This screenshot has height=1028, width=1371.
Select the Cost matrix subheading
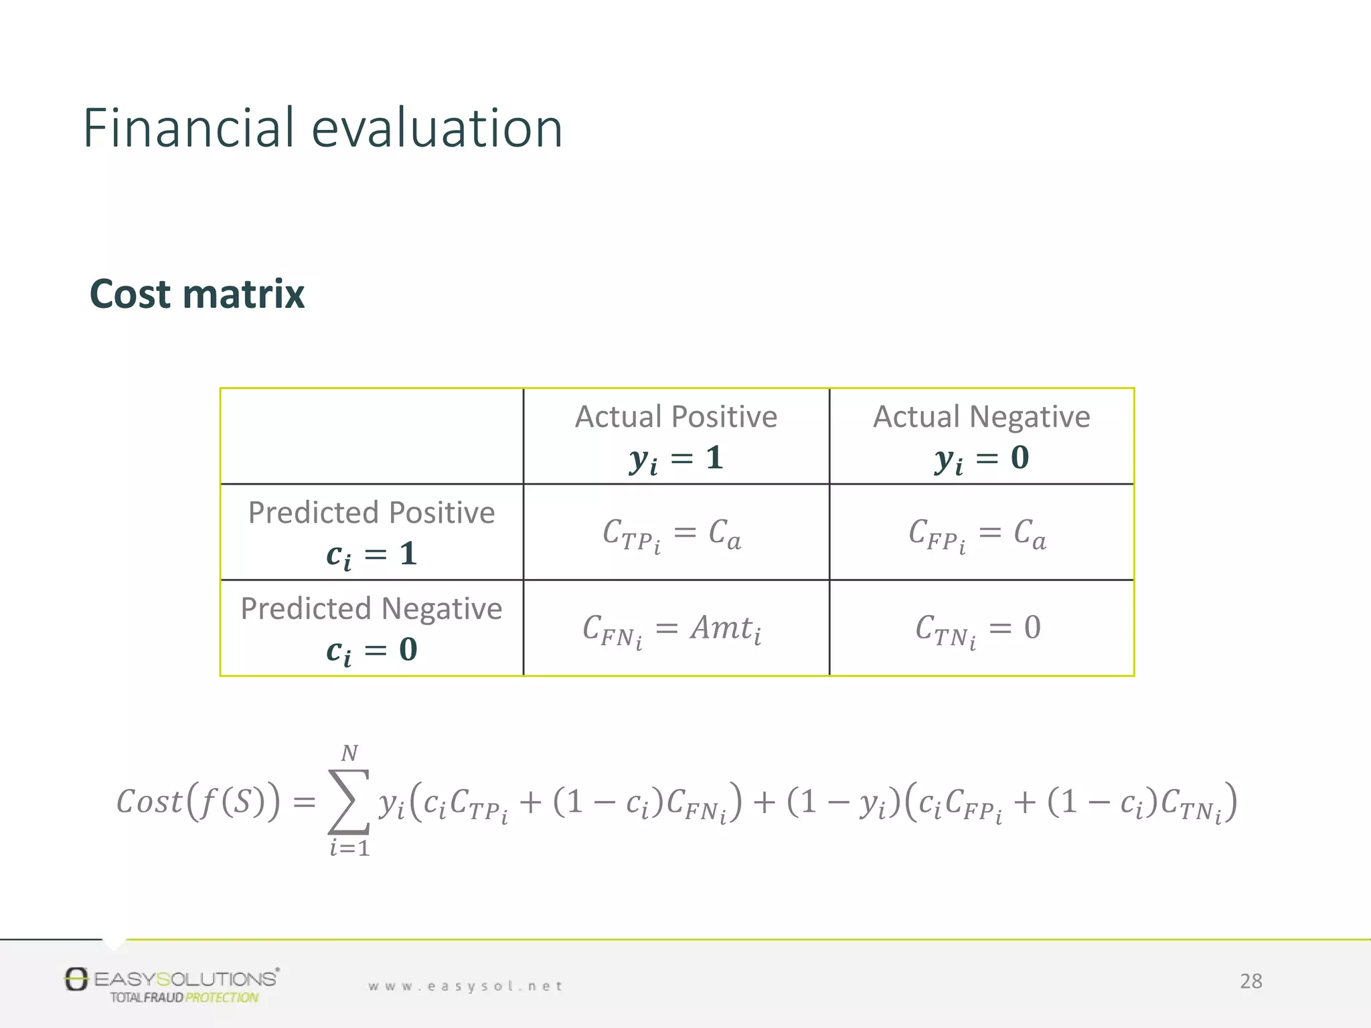[197, 294]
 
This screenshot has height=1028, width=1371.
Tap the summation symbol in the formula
[348, 801]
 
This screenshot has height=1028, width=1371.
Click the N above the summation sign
[349, 754]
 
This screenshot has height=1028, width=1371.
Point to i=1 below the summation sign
[349, 849]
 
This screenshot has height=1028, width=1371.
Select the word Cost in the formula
[149, 802]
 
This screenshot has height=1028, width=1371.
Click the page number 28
[1251, 981]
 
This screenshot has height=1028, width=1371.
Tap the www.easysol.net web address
[465, 986]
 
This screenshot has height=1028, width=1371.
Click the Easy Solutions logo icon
[76, 979]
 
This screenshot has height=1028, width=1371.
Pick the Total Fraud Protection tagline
[184, 998]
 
